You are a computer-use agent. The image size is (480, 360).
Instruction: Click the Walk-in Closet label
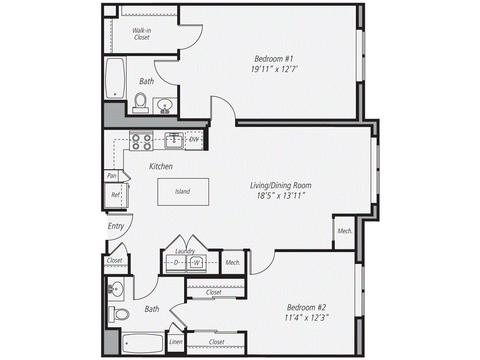(x=141, y=34)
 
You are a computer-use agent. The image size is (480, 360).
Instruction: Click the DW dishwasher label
(x=194, y=139)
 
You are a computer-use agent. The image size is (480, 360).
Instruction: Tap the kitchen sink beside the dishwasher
(x=173, y=140)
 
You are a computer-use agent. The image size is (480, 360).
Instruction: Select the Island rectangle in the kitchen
(x=182, y=191)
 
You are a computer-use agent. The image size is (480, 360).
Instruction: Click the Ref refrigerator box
(x=115, y=195)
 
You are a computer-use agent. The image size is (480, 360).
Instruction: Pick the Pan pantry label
(x=112, y=175)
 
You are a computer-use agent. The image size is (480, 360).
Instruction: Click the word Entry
(x=116, y=226)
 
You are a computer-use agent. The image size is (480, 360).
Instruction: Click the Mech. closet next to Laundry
(x=233, y=262)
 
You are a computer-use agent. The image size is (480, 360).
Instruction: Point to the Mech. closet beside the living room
(x=345, y=231)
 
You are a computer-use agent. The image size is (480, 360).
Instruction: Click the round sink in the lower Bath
(x=115, y=290)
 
